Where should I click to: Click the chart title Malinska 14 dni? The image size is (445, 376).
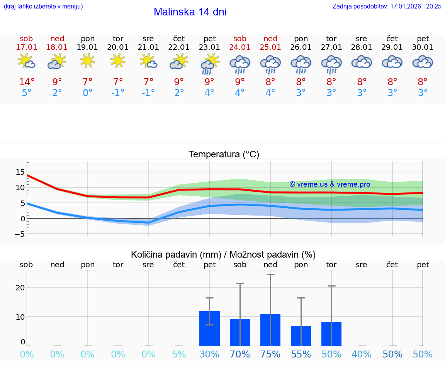coord(190,12)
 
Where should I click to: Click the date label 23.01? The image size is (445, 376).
coord(209,47)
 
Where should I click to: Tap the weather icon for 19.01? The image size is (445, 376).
coord(87,61)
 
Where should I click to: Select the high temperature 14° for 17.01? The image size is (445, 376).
coord(27,82)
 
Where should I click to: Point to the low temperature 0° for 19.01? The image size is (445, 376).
coord(87,93)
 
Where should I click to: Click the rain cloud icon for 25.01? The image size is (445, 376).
coord(270,64)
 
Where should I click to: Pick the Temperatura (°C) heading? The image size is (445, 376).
coord(224,155)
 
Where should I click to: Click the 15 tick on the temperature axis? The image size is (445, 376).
coord(20,172)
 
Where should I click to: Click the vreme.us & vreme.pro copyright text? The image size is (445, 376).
coord(330,184)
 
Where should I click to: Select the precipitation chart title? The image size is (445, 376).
coord(223,255)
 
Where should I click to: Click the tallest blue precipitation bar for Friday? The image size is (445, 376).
coord(209,329)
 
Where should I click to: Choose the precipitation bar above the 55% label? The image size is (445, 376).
coord(301,336)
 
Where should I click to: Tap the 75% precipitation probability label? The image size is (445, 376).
coord(270,354)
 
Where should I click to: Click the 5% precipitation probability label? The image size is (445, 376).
coord(179,354)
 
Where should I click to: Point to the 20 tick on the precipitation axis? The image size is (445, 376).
coord(20,288)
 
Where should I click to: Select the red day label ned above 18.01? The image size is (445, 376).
coord(57,39)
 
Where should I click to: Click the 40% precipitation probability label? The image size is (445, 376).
coord(362,354)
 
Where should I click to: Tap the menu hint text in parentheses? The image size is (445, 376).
coord(43,6)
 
